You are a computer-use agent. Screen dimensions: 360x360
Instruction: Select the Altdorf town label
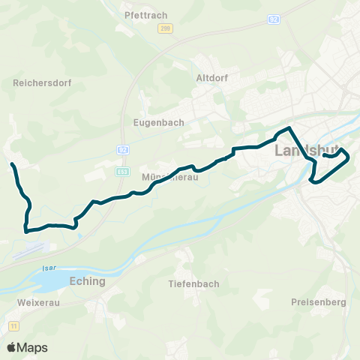pyautogui.click(x=211, y=77)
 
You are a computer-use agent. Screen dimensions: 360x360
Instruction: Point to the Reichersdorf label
pyautogui.click(x=42, y=83)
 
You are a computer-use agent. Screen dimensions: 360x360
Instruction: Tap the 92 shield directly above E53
pyautogui.click(x=121, y=150)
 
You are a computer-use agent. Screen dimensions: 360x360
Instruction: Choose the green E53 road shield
pyautogui.click(x=121, y=171)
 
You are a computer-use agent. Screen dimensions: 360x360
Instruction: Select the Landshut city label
pyautogui.click(x=308, y=151)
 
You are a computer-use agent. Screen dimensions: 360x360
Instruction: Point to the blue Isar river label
pyautogui.click(x=50, y=267)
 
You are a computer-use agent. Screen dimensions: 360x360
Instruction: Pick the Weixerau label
pyautogui.click(x=31, y=303)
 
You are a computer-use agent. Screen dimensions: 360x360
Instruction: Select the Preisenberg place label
pyautogui.click(x=317, y=302)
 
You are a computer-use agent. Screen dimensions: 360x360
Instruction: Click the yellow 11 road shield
pyautogui.click(x=13, y=325)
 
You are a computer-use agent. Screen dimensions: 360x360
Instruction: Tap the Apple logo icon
pyautogui.click(x=11, y=347)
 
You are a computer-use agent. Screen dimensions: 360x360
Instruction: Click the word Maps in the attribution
pyautogui.click(x=33, y=347)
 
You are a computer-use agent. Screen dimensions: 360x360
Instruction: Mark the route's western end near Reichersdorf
pyautogui.click(x=12, y=164)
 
